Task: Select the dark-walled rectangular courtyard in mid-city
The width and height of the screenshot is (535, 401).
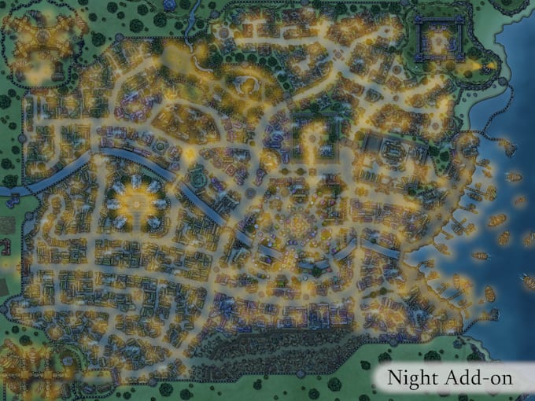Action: tap(308, 138)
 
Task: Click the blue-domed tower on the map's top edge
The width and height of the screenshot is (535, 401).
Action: tap(168, 4)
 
